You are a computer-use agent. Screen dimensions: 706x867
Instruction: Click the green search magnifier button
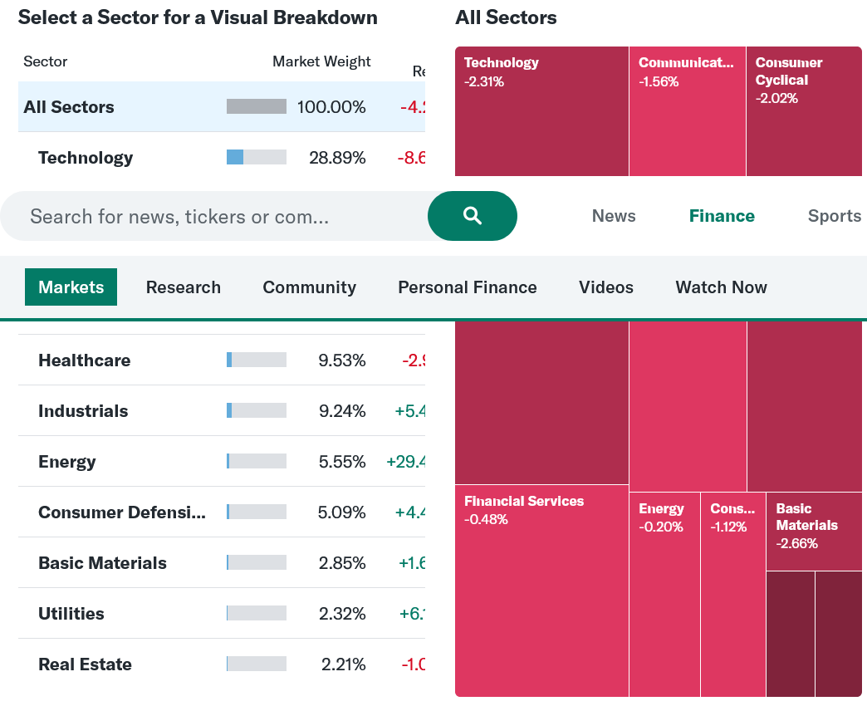point(472,216)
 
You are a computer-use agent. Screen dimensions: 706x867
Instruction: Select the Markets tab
point(71,287)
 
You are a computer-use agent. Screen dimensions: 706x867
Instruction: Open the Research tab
point(184,287)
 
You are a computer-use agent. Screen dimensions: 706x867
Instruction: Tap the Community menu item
point(309,287)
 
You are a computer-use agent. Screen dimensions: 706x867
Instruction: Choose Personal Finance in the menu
point(467,287)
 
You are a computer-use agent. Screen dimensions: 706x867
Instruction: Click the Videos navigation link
point(605,287)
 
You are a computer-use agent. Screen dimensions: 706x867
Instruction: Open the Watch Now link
point(721,287)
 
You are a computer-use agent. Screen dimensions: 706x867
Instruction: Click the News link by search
point(614,216)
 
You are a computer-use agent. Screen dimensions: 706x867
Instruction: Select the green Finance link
point(722,216)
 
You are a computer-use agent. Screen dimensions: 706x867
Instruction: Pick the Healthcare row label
point(84,360)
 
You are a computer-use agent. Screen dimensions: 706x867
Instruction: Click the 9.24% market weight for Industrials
point(342,411)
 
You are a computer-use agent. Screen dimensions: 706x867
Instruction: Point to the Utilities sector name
point(71,614)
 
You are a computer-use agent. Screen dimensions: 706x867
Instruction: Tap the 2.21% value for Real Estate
point(343,664)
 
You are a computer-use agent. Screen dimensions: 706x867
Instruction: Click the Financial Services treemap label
point(524,501)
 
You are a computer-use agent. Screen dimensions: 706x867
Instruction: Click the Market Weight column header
point(321,61)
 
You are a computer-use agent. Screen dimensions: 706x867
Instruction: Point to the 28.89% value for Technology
point(337,158)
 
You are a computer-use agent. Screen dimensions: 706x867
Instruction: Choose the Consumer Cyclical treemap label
point(788,71)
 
